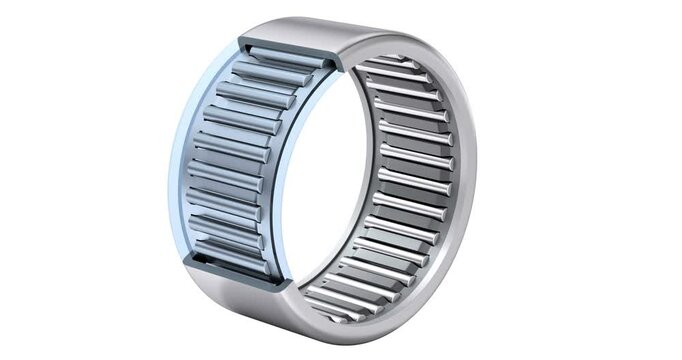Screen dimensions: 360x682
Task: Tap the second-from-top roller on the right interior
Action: click(x=405, y=80)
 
